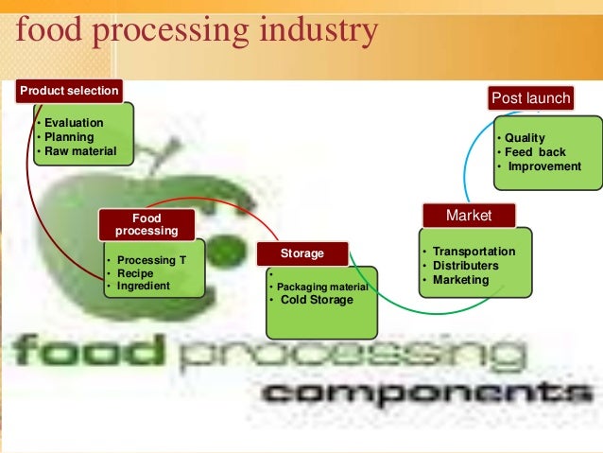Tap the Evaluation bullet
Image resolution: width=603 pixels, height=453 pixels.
tap(71, 123)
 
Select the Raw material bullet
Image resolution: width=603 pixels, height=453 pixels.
tap(77, 151)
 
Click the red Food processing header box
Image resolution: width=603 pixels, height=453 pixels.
tap(146, 224)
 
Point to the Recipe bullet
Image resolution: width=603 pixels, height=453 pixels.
tap(135, 273)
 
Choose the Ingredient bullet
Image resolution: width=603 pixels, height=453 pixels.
tap(143, 286)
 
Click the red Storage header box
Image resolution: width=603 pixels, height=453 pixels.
tap(302, 253)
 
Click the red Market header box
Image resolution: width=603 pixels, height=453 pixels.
tap(469, 216)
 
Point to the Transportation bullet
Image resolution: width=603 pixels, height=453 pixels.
tap(474, 252)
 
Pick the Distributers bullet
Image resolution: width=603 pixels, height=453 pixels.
tap(469, 266)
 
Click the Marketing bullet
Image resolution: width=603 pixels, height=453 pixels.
tap(460, 280)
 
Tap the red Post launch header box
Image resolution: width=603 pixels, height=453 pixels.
tap(530, 98)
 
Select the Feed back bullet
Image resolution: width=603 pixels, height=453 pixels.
tap(535, 152)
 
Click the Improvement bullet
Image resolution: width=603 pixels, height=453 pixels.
tap(544, 166)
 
